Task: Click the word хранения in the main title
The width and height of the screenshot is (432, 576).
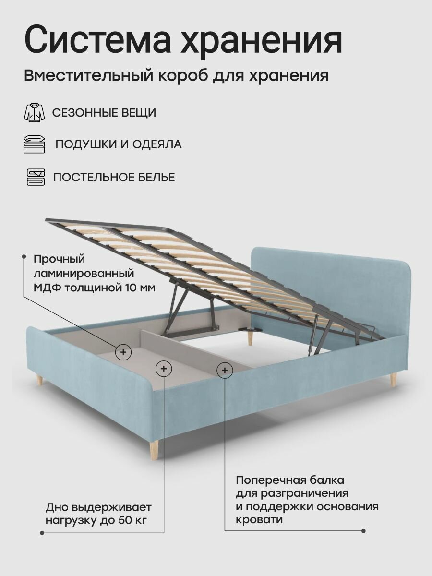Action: coord(261,40)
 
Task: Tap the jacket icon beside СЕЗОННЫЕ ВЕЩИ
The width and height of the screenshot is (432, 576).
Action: coord(34,113)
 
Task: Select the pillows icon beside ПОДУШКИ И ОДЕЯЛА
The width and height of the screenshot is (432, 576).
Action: coord(34,144)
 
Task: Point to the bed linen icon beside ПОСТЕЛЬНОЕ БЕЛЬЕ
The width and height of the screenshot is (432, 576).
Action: coord(35,177)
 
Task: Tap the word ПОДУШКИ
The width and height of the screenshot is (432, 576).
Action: coord(81,144)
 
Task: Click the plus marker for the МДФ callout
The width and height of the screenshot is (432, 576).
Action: coord(123,352)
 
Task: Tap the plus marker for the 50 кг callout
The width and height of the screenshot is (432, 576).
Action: coord(164,369)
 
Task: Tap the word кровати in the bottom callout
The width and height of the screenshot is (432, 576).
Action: coord(259,520)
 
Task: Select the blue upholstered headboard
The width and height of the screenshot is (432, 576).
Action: coord(331,283)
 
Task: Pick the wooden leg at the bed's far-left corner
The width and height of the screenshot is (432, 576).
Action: coord(40,381)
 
